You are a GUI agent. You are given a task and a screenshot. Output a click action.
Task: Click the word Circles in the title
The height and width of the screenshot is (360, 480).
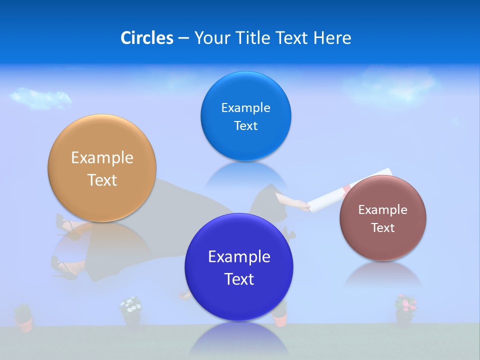147,38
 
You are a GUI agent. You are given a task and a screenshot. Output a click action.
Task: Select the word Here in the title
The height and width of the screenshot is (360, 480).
332,38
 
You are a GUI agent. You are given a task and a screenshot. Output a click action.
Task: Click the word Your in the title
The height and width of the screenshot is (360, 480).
211,38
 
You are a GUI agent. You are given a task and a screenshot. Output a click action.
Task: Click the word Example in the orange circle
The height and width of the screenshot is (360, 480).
102,158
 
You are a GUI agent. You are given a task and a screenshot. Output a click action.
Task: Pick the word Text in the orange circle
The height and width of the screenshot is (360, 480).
102,180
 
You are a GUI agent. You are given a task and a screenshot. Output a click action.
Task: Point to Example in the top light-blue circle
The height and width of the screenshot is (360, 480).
245,108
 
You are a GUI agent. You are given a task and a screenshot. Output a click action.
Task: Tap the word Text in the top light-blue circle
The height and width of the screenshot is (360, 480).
245,126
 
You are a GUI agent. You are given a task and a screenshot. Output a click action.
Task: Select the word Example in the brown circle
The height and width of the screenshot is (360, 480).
382,210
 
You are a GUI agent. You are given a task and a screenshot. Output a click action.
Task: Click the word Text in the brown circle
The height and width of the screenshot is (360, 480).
382,228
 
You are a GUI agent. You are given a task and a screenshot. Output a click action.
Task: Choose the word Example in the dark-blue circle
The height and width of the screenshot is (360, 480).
239,257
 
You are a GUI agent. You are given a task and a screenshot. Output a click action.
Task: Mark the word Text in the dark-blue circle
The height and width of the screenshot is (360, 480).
239,279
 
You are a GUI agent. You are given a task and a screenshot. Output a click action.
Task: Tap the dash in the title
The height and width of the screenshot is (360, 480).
183,38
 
